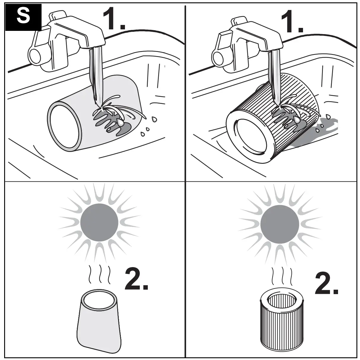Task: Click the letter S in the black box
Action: click(x=23, y=17)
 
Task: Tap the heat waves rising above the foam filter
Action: click(x=99, y=275)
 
